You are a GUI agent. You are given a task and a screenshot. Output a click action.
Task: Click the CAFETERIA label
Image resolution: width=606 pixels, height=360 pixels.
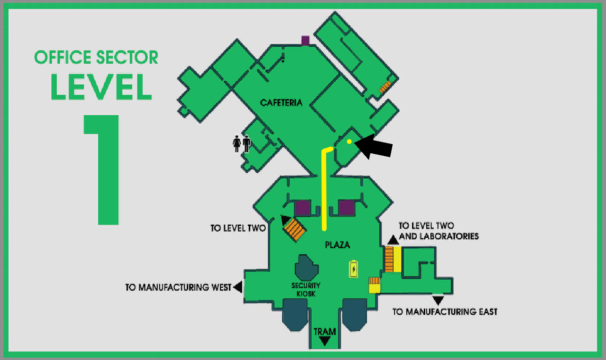coord(281,103)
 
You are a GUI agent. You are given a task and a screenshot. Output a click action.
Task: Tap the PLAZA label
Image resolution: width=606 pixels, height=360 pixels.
coord(337,245)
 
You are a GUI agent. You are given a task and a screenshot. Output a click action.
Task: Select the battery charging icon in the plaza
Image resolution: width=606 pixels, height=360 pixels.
coord(353,269)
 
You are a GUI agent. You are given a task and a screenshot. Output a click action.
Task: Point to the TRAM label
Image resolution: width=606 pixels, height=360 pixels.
coord(325,331)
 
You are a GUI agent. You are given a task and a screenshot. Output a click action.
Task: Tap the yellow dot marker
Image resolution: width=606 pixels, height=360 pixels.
coord(349,142)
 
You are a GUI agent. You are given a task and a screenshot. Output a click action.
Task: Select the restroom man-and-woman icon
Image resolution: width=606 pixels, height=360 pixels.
coord(241,143)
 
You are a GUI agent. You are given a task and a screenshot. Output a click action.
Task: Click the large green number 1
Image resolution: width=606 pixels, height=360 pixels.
coord(102,170)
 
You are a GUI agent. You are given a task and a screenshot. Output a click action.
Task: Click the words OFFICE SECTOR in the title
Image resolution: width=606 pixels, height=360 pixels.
coord(96,58)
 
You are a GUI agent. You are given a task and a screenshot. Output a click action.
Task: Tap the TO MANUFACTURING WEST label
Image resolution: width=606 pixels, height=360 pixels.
coord(178,287)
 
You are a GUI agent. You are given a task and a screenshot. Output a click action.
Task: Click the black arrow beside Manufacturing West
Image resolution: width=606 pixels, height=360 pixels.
coord(238,287)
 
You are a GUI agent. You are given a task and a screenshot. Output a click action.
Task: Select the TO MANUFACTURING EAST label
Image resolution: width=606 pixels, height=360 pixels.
coord(445,311)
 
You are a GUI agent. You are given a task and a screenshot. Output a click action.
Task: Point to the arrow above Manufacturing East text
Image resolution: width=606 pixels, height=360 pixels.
coord(438,300)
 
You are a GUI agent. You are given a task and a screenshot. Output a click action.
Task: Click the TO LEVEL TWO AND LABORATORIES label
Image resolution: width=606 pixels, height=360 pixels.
coord(439,231)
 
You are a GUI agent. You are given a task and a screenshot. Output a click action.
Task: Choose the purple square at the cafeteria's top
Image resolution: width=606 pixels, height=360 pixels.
coord(305,41)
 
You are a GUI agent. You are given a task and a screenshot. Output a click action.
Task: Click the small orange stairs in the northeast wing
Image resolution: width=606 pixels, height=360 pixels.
coord(386,87)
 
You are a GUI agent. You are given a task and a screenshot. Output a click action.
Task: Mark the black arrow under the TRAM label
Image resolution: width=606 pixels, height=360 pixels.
coord(325,341)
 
